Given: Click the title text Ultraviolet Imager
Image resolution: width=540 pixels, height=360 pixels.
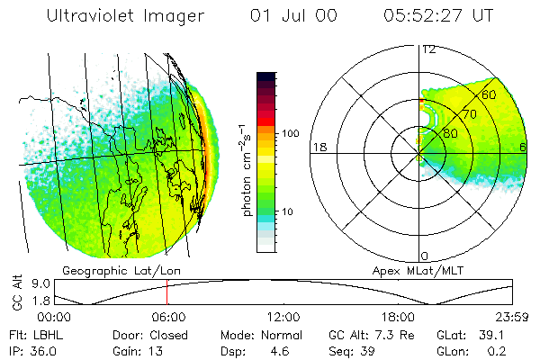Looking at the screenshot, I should point(125,15).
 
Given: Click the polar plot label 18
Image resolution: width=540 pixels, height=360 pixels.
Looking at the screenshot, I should point(319,147).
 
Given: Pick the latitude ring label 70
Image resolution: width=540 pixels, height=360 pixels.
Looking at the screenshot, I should point(468,114).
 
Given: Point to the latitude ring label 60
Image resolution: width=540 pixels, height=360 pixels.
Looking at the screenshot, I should point(490,94).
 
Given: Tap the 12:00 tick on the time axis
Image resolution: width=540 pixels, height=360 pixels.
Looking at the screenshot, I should point(283,318).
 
